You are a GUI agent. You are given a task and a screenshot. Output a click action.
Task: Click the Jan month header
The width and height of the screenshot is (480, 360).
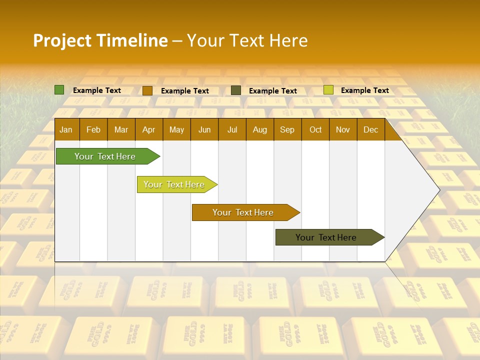pos(66,129)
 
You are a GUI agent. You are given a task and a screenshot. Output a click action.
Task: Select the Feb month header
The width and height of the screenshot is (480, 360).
pos(93,129)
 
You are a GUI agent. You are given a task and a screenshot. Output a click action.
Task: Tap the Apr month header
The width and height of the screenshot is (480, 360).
pos(148,129)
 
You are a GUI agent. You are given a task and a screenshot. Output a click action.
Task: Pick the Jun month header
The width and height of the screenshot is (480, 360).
pos(204,129)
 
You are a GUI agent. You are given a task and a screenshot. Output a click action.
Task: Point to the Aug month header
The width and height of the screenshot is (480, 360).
pos(259,129)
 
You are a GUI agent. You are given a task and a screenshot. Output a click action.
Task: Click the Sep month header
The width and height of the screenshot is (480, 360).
pos(287,129)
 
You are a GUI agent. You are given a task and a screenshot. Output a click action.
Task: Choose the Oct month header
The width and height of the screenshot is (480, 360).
pos(315,129)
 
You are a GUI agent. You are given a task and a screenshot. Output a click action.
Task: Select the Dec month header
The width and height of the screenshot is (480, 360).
pos(370,129)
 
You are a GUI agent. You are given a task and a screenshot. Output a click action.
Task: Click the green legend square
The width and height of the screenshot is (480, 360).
pos(59,90)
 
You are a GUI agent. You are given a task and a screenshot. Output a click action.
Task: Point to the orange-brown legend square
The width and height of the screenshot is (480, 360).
pos(147,90)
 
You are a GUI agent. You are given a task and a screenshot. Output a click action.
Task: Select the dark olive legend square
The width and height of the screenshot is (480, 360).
pos(236,90)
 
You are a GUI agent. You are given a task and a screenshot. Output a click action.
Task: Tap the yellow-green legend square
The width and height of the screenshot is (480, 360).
pos(328,90)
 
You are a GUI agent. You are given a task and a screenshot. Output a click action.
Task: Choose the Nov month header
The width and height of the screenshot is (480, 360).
pos(343,129)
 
